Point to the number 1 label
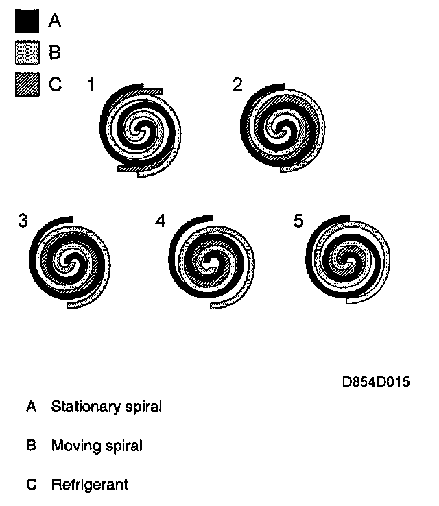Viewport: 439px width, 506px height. pyautogui.click(x=91, y=86)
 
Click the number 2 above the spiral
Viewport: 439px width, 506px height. pyautogui.click(x=237, y=86)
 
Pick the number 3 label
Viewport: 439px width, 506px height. pyautogui.click(x=23, y=221)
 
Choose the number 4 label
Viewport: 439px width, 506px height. pyautogui.click(x=161, y=221)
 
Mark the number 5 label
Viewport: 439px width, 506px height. pyautogui.click(x=298, y=221)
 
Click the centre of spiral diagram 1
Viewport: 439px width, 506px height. pyautogui.click(x=141, y=128)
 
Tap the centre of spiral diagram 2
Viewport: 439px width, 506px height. pyautogui.click(x=280, y=128)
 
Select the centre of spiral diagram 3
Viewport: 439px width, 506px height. pyautogui.click(x=69, y=261)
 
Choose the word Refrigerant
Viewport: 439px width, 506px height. pyautogui.click(x=89, y=485)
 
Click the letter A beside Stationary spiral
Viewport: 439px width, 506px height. pyautogui.click(x=31, y=407)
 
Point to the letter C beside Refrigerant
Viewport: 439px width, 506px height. pyautogui.click(x=31, y=485)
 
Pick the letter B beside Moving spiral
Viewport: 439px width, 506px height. pyautogui.click(x=31, y=446)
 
